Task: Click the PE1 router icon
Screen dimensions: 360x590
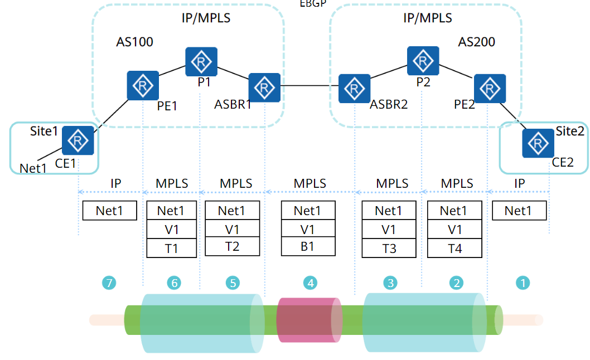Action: pos(143,85)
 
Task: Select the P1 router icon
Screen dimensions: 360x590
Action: pos(201,62)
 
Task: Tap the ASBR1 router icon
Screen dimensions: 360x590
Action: pos(264,87)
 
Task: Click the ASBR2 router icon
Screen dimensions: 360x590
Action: pos(355,88)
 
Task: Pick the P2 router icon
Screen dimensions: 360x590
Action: pos(423,61)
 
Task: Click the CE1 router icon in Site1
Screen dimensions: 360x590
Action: pos(78,140)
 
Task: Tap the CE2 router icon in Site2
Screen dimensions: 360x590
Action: pos(538,143)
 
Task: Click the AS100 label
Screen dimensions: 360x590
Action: pos(134,42)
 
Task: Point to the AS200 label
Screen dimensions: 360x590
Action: pos(476,42)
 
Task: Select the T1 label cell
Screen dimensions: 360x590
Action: pos(172,248)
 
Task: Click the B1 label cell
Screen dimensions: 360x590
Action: pos(307,246)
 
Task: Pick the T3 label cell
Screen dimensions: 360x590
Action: pos(389,248)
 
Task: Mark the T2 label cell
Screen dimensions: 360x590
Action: pos(232,246)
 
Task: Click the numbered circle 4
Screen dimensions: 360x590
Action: pos(310,283)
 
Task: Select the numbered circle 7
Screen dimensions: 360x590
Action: pos(109,283)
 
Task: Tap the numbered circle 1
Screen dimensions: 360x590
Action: pos(523,283)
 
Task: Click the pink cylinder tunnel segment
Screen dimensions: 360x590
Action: pos(308,320)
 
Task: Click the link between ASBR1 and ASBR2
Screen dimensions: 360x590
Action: pos(309,86)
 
